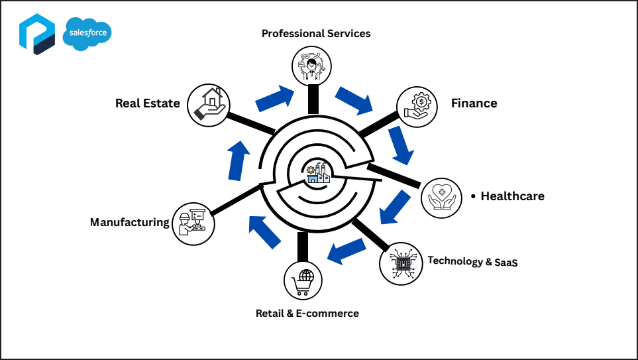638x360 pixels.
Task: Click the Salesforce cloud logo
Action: (x=87, y=35)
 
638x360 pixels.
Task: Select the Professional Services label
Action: (x=316, y=33)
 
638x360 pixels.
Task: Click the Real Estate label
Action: (x=147, y=103)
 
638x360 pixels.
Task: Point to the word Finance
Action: (x=474, y=103)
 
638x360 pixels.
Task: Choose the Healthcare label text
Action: (x=512, y=196)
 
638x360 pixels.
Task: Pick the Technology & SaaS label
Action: (x=472, y=261)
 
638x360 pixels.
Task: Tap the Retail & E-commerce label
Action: (x=307, y=313)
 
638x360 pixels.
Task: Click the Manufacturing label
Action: (x=130, y=222)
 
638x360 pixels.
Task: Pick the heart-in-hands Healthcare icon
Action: (x=441, y=198)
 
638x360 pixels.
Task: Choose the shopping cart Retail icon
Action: (x=303, y=281)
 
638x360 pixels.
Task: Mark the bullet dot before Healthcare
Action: (x=473, y=197)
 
